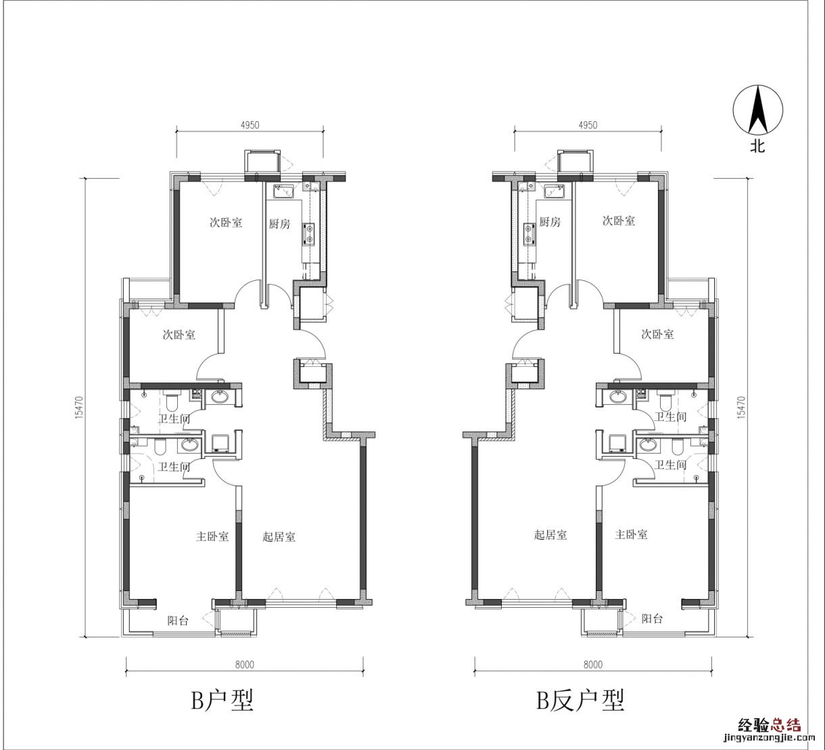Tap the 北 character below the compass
click(757, 146)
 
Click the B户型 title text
click(222, 701)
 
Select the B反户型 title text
click(580, 701)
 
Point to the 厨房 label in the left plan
click(279, 223)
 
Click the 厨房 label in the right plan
click(550, 222)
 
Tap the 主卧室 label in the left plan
click(212, 537)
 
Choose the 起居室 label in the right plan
click(550, 535)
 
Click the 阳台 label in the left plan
click(178, 620)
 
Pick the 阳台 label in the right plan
click(653, 619)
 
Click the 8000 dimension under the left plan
click(245, 664)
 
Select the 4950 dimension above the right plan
click(588, 125)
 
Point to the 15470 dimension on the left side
click(79, 407)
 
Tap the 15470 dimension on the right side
click(740, 407)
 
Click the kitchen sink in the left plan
click(283, 191)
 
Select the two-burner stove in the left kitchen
click(309, 234)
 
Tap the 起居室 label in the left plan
click(279, 537)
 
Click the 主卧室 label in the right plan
click(632, 535)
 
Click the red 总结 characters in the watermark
click(786, 725)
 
